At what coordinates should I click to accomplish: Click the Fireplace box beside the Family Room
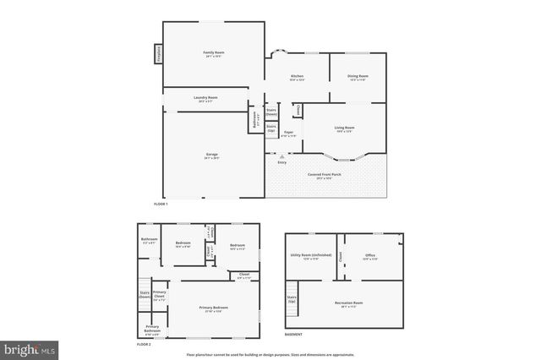point(157,54)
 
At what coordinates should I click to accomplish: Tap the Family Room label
point(212,54)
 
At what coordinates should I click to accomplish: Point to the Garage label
point(211,156)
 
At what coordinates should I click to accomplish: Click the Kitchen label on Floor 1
point(297,79)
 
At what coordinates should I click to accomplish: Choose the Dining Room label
point(357,79)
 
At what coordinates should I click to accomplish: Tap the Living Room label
point(344,128)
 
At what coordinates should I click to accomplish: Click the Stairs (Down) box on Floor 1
point(272,111)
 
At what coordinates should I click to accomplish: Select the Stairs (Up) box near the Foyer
point(271,128)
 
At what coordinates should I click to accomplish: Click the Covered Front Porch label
point(325,176)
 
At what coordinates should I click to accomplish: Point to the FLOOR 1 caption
point(161,205)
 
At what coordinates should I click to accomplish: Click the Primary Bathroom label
point(152,329)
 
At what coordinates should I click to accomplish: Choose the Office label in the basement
point(369,257)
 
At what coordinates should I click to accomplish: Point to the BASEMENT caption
point(293,334)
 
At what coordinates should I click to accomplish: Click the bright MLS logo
point(30,347)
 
